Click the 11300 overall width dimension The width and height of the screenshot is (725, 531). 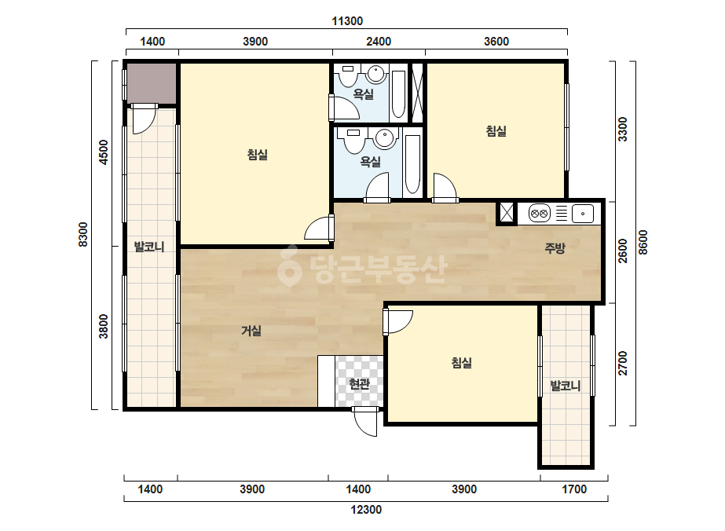[x=347, y=20]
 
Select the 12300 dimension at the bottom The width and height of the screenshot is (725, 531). [x=366, y=510]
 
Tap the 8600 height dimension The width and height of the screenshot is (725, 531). [x=643, y=243]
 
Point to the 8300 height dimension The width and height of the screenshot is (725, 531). [x=82, y=235]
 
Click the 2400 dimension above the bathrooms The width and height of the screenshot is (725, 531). [x=379, y=42]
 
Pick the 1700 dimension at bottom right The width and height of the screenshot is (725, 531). [x=574, y=489]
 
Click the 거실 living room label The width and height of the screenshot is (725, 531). [x=251, y=330]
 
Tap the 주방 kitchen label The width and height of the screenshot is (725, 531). [x=555, y=248]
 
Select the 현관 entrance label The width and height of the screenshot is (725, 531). [x=359, y=383]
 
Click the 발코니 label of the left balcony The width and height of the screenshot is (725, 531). [x=149, y=247]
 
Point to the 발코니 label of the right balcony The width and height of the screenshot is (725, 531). [x=566, y=386]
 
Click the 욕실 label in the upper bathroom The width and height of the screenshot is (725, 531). [x=364, y=94]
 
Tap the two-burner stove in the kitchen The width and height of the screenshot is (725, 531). [x=539, y=214]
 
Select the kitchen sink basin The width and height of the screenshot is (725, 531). [x=583, y=214]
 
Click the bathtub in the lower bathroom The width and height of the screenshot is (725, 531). [x=412, y=164]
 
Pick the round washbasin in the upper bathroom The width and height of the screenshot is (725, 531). [x=376, y=74]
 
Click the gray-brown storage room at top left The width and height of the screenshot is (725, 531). [x=152, y=84]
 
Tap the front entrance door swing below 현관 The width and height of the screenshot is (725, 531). [x=365, y=422]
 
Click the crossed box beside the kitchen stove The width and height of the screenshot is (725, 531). [x=507, y=213]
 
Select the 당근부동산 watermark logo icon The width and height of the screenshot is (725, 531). [x=289, y=266]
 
